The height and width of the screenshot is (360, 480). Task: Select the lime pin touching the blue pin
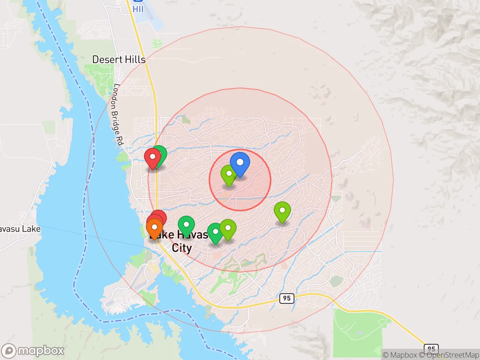tap(228, 174)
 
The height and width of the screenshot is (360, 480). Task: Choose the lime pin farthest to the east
tap(282, 211)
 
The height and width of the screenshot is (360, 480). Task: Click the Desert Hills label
tap(118, 60)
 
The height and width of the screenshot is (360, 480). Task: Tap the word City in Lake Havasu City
tap(182, 248)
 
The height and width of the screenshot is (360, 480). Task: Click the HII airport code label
tap(138, 9)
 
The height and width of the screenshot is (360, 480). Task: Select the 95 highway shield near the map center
tap(286, 298)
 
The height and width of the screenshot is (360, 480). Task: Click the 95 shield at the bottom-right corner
tap(431, 349)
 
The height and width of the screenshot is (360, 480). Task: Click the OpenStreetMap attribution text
tap(453, 355)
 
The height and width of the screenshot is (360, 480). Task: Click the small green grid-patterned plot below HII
tap(157, 44)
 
